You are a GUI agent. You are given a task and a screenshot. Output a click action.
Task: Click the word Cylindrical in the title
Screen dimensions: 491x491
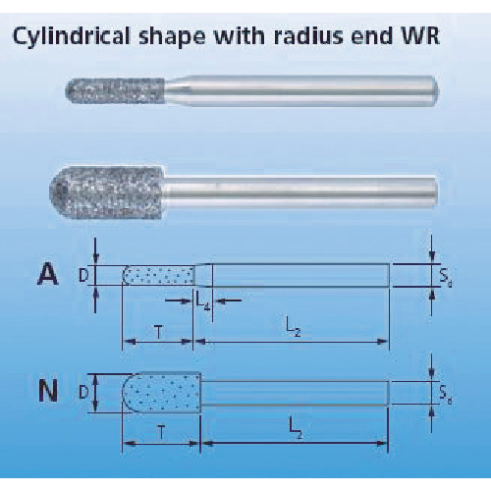tap(72, 36)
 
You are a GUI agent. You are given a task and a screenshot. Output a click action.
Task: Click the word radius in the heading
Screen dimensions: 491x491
tap(308, 35)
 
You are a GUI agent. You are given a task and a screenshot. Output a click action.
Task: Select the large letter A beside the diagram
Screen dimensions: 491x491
tap(48, 274)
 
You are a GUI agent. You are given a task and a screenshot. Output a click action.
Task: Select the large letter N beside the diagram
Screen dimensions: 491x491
tap(48, 391)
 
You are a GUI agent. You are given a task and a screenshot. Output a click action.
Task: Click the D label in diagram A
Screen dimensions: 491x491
tap(83, 276)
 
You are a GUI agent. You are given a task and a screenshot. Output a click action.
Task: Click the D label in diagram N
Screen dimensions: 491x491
tap(83, 392)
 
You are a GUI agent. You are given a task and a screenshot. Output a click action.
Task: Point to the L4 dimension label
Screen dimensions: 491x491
tap(203, 301)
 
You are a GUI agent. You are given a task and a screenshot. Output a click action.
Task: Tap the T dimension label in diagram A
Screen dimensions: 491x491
tap(158, 333)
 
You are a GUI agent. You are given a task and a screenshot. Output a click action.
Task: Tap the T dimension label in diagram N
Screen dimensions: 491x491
tap(161, 434)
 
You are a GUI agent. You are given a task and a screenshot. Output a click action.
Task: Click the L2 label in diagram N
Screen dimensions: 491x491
tap(296, 429)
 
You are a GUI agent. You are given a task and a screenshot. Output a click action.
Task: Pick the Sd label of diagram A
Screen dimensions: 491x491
tap(446, 278)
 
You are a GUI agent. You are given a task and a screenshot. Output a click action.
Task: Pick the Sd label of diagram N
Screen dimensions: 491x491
tap(445, 395)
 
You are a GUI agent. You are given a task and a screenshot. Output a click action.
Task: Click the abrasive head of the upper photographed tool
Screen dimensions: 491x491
tap(115, 90)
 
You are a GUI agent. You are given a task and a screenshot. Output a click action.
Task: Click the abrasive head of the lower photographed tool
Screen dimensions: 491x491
tap(107, 191)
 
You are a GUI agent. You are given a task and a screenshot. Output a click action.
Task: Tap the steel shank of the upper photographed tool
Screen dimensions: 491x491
tap(301, 90)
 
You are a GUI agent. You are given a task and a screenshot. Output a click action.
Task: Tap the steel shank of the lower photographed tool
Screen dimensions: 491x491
tap(300, 191)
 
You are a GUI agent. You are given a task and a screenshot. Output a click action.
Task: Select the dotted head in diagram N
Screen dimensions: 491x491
tap(161, 393)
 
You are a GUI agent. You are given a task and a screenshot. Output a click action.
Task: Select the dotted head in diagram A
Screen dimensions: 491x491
tap(158, 276)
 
